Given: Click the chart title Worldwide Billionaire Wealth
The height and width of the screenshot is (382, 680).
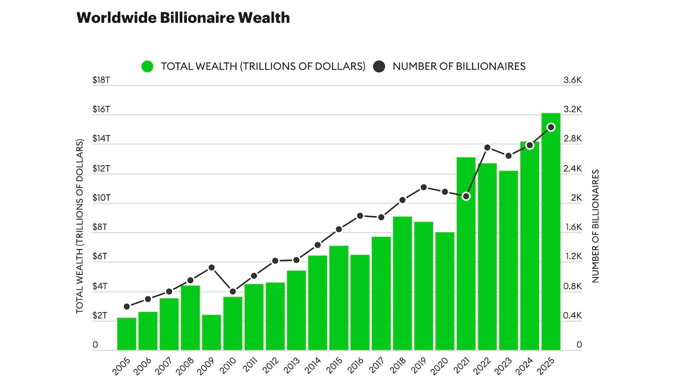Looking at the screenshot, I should pos(183,18).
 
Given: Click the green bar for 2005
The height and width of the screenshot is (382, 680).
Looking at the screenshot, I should pos(126,334).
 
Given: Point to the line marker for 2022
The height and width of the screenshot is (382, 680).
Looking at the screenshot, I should pos(488,147).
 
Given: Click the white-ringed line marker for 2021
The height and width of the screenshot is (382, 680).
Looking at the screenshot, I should pos(466,196).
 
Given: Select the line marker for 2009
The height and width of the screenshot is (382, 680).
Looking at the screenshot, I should pos(211,268).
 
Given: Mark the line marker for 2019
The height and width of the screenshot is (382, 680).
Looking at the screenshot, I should pos(424,187).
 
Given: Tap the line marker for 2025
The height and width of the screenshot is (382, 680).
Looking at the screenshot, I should pos(551,127).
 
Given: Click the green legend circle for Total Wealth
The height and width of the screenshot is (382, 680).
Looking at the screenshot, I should pos(148,66).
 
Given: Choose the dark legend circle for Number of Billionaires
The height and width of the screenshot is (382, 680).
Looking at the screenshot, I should pos(379,66).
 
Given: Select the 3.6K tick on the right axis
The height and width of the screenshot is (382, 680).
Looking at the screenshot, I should pos(572,80).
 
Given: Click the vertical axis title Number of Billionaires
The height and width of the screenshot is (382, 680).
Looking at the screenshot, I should pos(596,226).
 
